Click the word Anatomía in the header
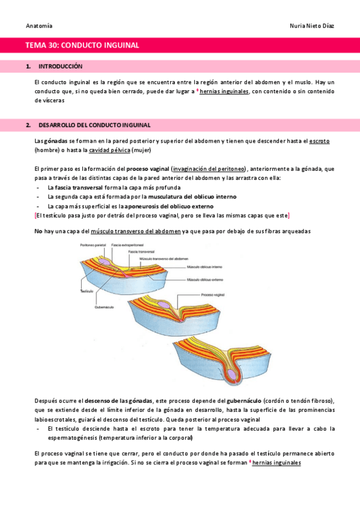point(39,26)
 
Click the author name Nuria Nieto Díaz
point(312,26)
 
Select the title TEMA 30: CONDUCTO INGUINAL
point(82,45)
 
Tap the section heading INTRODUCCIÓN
point(60,66)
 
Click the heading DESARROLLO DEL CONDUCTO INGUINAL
point(94,124)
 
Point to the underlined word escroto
point(319,141)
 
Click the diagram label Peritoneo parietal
point(92,244)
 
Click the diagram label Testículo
point(88,290)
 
